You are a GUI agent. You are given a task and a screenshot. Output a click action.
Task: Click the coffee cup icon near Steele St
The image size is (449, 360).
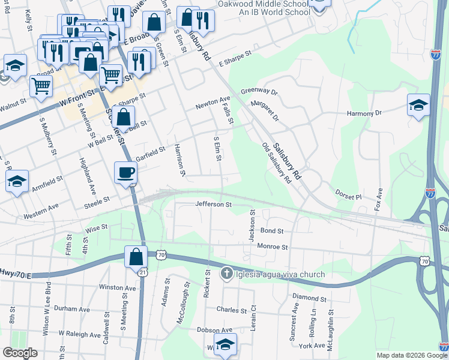[x=125, y=173]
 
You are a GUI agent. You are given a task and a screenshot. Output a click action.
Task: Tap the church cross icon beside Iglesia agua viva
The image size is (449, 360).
[x=226, y=274]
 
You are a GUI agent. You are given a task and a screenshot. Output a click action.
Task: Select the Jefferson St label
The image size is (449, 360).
[x=213, y=205]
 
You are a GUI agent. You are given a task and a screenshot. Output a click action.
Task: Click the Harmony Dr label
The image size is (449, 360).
[x=364, y=113]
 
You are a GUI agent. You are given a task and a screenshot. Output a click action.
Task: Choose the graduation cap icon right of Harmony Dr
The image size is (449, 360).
[x=418, y=106]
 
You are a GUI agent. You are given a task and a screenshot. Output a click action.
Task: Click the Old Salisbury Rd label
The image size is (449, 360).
[x=277, y=163]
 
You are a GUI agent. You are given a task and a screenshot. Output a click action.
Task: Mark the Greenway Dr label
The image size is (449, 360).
[x=259, y=92]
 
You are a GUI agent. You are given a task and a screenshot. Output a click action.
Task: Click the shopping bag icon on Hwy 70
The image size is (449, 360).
[x=136, y=256]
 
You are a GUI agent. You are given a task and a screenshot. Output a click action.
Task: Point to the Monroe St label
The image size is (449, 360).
[x=273, y=247]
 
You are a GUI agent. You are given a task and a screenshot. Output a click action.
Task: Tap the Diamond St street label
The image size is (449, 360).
[x=309, y=298]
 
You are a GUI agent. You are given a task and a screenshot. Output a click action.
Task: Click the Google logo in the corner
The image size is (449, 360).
[x=20, y=353]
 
